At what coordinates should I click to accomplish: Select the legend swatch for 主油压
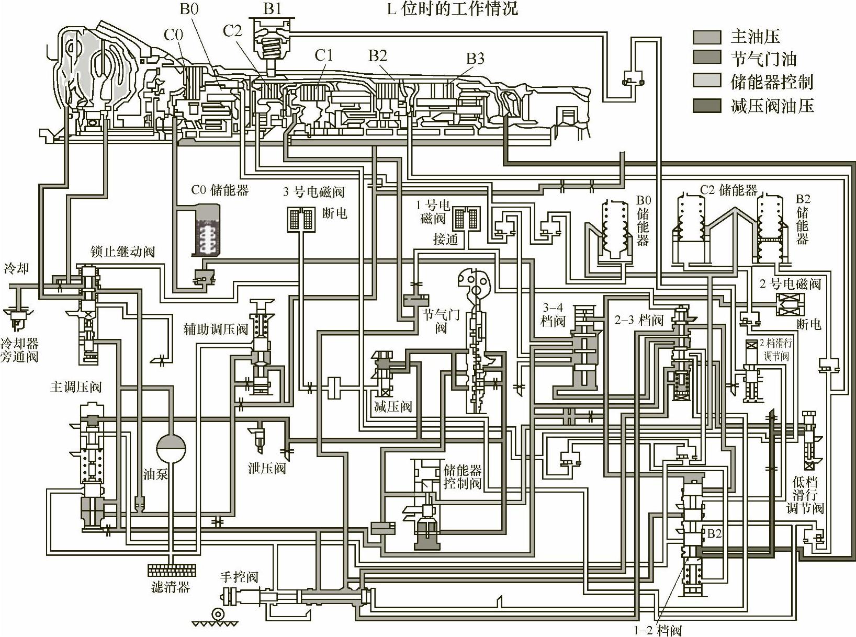tap(706, 37)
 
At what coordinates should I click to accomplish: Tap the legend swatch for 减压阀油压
tap(706, 106)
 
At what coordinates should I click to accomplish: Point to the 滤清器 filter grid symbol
tap(172, 570)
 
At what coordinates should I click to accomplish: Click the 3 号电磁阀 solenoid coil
tap(301, 219)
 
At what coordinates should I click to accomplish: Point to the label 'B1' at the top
tap(272, 9)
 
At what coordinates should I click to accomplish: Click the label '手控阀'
tap(239, 577)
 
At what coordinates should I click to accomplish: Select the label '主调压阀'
tap(76, 387)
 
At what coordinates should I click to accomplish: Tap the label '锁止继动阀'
tap(122, 252)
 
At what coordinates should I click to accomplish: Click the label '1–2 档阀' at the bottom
tap(658, 630)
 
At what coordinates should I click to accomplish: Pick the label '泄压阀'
tap(267, 468)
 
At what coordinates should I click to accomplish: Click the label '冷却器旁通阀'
tap(19, 350)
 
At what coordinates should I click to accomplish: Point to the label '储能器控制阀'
tap(463, 476)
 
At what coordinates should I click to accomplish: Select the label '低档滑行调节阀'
tap(805, 495)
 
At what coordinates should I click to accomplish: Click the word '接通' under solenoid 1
tap(446, 240)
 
